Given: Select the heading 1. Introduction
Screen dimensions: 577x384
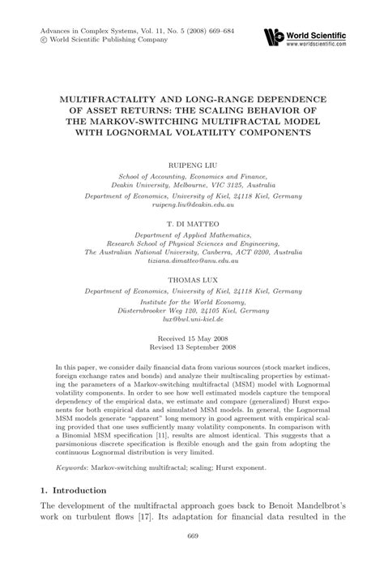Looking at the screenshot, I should [74, 492].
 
